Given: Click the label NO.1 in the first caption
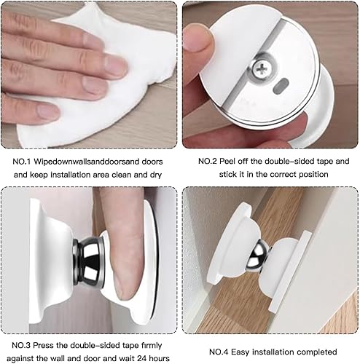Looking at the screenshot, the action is (x=22, y=162).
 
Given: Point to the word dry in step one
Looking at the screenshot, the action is (x=156, y=175).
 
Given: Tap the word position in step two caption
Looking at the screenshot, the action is (x=313, y=175).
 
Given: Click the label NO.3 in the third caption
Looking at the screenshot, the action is (x=21, y=345).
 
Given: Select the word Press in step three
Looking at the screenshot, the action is (x=43, y=345).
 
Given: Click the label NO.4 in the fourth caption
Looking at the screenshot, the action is (x=219, y=352).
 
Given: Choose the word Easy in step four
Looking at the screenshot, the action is (x=240, y=352).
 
